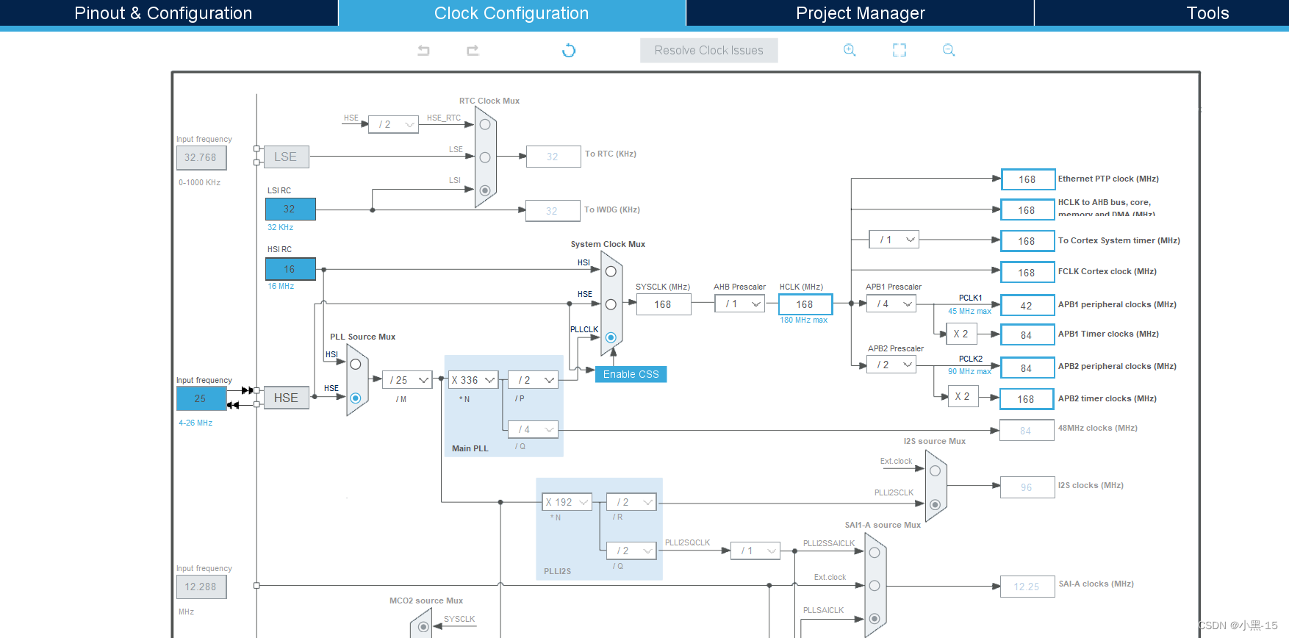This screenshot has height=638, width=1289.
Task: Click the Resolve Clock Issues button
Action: click(708, 50)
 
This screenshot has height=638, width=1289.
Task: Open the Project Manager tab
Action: click(860, 13)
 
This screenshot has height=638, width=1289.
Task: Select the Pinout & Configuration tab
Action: click(163, 13)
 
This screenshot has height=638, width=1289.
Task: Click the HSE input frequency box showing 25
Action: click(201, 398)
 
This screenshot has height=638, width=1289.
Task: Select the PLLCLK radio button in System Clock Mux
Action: click(611, 337)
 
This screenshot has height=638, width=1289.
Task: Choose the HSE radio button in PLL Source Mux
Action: click(356, 398)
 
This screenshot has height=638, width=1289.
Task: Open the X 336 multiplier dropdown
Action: click(473, 380)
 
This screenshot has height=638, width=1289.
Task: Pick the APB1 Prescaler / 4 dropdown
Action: click(891, 304)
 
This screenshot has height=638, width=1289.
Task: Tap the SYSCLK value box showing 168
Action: click(663, 304)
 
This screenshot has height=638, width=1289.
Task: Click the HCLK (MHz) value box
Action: click(805, 304)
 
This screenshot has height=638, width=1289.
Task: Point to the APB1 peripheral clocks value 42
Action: click(1027, 305)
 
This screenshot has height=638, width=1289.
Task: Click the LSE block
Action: click(286, 157)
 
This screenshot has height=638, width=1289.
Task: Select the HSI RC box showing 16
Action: click(290, 269)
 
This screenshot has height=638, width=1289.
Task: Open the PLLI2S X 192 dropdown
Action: click(567, 502)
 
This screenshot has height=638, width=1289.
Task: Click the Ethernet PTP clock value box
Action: click(1027, 179)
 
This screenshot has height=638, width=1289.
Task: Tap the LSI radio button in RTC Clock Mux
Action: click(485, 190)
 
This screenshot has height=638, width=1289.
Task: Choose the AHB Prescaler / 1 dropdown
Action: click(740, 304)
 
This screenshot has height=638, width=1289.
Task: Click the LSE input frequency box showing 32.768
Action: click(201, 157)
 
